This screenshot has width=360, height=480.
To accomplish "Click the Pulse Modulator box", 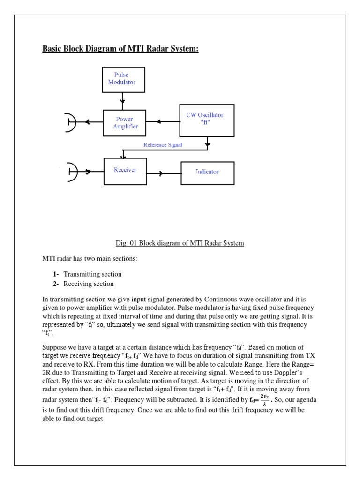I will [124, 79].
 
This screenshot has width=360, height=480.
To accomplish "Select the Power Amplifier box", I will [124, 123].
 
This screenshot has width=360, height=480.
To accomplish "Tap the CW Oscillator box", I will [207, 121].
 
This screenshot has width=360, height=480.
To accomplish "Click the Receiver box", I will [125, 171].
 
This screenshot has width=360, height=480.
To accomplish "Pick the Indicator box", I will [207, 172].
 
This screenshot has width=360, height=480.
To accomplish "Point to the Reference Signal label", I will [163, 145].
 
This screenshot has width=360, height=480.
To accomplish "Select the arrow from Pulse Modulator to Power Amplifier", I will [123, 100].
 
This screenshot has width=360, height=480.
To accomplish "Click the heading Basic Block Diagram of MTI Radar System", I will [120, 49].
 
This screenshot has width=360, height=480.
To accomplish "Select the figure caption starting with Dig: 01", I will [180, 243].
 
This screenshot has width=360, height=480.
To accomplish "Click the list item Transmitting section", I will [92, 274].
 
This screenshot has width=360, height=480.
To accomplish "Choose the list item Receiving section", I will [89, 284].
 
